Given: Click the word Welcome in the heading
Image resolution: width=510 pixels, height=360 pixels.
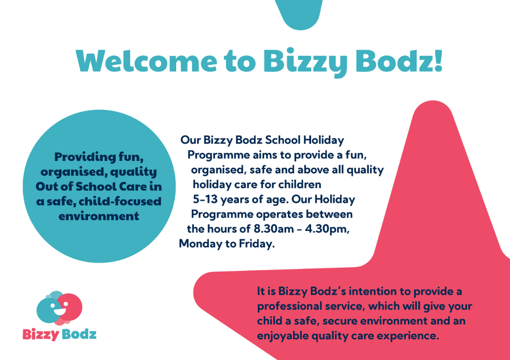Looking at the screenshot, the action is [147, 61].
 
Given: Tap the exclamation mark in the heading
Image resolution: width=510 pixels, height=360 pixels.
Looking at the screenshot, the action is [438, 60].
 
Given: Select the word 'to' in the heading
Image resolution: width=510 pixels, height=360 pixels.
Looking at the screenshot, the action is [240, 62].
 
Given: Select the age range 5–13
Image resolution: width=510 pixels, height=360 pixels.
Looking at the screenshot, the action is [205, 199].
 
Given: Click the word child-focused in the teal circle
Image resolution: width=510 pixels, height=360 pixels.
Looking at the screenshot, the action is [120, 201].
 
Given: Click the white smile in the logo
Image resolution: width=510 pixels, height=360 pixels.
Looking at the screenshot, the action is [60, 311].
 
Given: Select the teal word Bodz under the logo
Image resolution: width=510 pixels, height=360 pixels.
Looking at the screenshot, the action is [79, 334].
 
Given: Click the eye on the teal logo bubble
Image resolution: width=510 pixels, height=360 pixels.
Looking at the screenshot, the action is [53, 305].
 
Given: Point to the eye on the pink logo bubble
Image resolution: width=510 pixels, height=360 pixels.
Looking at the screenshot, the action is [66, 304].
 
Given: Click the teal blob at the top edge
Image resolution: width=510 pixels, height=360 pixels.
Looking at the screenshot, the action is [299, 13].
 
